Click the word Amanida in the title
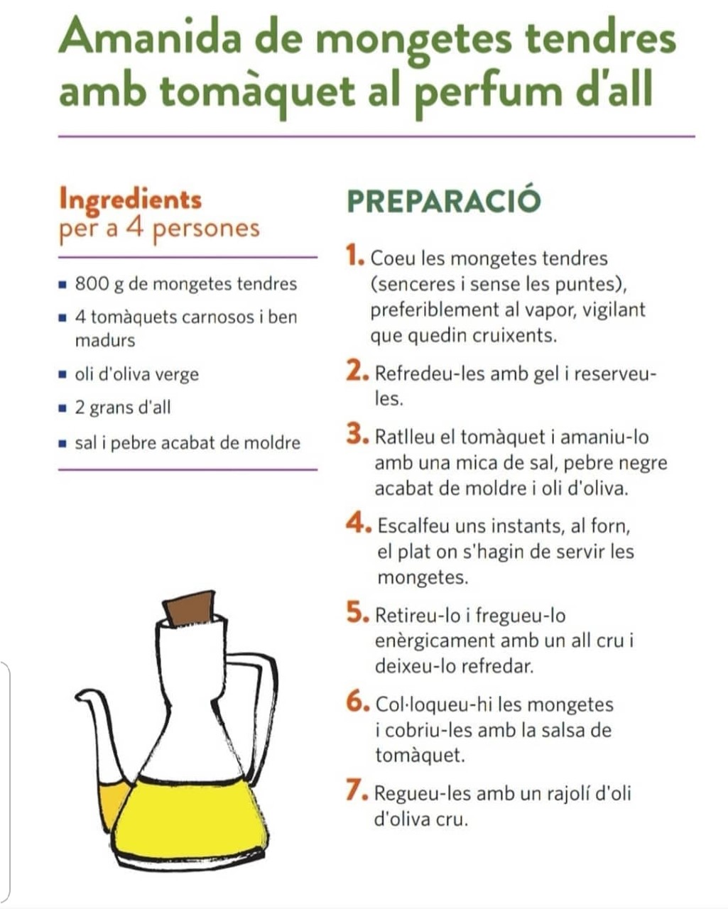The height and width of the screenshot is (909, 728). tap(150, 37)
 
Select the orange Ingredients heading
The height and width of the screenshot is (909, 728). tap(130, 199)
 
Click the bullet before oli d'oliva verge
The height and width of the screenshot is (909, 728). tap(63, 374)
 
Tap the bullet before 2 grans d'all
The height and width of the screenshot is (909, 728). tap(63, 408)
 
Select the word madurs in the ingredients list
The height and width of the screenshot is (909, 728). tap(105, 340)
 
